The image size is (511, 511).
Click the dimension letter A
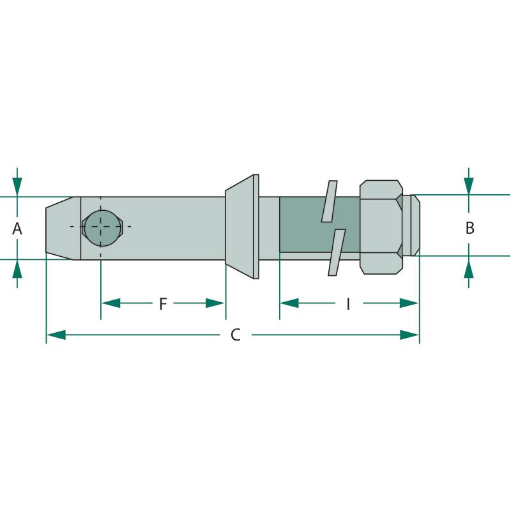tap(17, 229)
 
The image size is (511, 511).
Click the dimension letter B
tap(469, 228)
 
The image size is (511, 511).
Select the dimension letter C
tap(236, 335)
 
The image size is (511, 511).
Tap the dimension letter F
tap(163, 304)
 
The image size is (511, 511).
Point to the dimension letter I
tap(348, 304)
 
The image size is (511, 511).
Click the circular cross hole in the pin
tap(102, 228)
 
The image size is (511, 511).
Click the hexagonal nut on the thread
tap(381, 227)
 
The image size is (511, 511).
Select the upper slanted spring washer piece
tap(329, 201)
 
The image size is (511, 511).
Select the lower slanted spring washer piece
tap(337, 252)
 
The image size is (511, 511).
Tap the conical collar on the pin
tap(239, 227)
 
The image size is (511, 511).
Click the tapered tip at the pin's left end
tap(63, 228)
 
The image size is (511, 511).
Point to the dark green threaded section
tap(319, 225)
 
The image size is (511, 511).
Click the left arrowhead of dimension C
tap(56, 335)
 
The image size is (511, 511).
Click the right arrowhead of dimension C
tap(409, 335)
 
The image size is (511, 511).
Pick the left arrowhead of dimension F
tap(111, 303)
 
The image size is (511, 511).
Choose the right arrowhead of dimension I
tap(409, 303)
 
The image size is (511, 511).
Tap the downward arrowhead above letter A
tap(17, 187)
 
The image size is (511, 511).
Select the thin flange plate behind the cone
tap(256, 227)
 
